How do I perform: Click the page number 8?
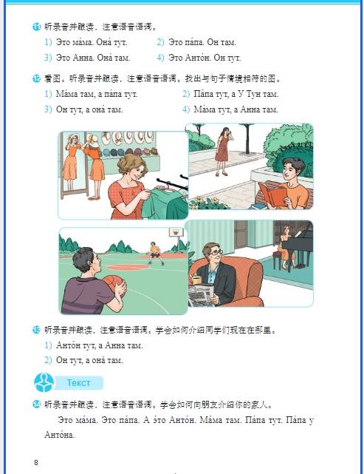pyautogui.click(x=36, y=462)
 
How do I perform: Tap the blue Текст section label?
pyautogui.click(x=79, y=383)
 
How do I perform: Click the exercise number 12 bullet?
pyautogui.click(x=36, y=78)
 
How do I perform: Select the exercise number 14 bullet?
pyautogui.click(x=36, y=404)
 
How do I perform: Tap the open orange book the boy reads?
pyautogui.click(x=272, y=194)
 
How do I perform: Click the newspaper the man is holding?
pyautogui.click(x=201, y=294)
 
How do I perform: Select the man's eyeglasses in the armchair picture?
pyautogui.click(x=216, y=252)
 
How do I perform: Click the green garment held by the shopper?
pyautogui.click(x=165, y=203)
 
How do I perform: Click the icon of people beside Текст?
pyautogui.click(x=44, y=382)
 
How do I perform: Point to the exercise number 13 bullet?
pyautogui.click(x=36, y=330)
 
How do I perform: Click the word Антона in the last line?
pyautogui.click(x=59, y=435)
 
